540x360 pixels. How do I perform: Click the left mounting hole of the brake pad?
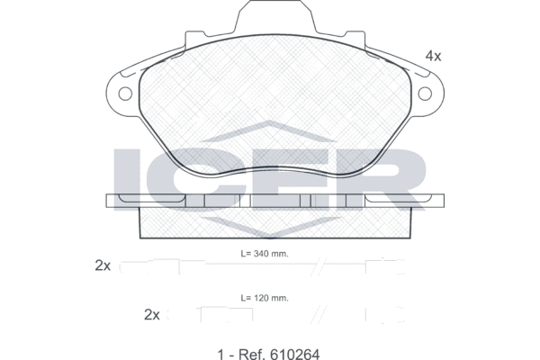point(125,94)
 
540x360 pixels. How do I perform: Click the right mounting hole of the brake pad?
point(425,94)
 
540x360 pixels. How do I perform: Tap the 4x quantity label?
point(433,56)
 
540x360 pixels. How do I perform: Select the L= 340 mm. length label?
point(265,254)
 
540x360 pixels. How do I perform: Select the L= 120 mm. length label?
point(265,298)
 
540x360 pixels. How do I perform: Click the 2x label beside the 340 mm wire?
point(103,265)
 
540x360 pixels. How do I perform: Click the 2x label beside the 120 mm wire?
point(152,314)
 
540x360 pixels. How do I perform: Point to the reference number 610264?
point(295,354)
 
